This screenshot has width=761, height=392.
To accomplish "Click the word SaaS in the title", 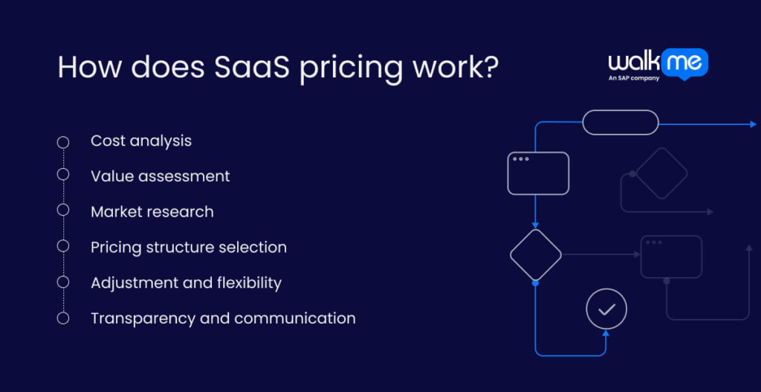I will pyautogui.click(x=250, y=67).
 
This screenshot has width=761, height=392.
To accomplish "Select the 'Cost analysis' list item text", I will pyautogui.click(x=141, y=141).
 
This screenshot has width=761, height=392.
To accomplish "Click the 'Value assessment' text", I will pyautogui.click(x=160, y=176).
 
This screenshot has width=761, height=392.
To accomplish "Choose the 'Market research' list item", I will pyautogui.click(x=152, y=212).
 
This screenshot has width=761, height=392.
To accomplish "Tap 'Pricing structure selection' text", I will pyautogui.click(x=188, y=247).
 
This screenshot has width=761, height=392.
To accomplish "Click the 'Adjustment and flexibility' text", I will pyautogui.click(x=186, y=283).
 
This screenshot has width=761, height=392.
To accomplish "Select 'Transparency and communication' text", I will pyautogui.click(x=223, y=318).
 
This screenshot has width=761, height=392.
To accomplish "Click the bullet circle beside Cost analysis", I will pyautogui.click(x=63, y=141).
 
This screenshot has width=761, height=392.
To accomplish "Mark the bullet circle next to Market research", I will pyautogui.click(x=63, y=210).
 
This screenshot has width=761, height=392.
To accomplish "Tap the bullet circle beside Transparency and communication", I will pyautogui.click(x=63, y=318).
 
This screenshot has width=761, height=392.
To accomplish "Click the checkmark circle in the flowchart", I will pyautogui.click(x=606, y=309).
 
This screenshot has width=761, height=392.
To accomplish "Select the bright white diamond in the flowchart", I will pyautogui.click(x=535, y=255).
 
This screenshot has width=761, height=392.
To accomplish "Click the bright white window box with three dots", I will pyautogui.click(x=538, y=173).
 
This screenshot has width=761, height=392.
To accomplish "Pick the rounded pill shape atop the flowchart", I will pyautogui.click(x=620, y=122).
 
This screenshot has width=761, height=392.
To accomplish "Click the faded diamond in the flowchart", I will pyautogui.click(x=661, y=173).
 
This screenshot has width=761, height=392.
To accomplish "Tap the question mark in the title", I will pyautogui.click(x=489, y=67).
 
